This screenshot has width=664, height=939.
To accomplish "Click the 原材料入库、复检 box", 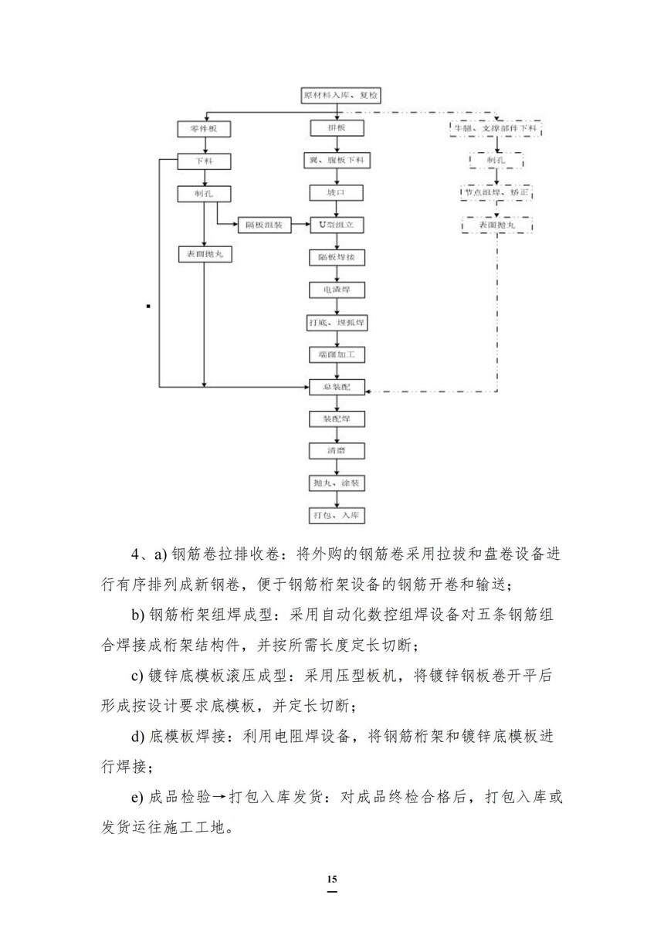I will [x=340, y=96].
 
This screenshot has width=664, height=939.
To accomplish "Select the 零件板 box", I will [x=204, y=129].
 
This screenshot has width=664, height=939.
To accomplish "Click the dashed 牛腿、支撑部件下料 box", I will [x=497, y=128].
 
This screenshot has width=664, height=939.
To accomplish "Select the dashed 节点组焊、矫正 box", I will [x=496, y=192].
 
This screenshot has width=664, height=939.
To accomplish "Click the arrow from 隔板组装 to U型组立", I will [x=300, y=225].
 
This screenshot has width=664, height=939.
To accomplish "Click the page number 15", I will [x=332, y=880].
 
